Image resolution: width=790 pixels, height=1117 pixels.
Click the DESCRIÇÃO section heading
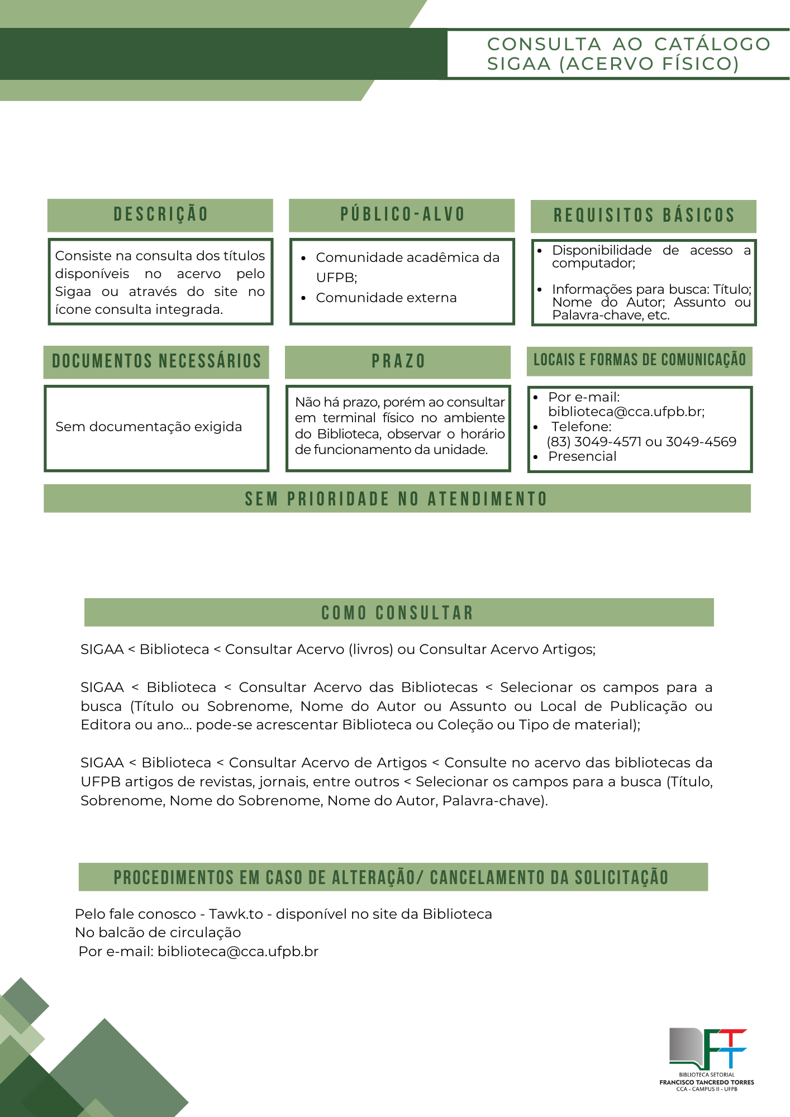[160, 214]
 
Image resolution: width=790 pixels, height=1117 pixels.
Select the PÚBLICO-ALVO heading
[402, 214]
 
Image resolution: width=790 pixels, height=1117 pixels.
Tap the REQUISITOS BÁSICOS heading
[644, 216]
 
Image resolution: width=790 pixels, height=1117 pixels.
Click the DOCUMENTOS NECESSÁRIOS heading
[156, 361]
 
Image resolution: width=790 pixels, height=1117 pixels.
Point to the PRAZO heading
[398, 361]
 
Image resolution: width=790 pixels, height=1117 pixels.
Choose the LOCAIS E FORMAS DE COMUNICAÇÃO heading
[640, 360]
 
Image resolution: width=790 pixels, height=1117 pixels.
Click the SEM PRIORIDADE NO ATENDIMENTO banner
[397, 499]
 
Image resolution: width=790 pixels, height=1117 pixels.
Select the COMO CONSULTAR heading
[398, 613]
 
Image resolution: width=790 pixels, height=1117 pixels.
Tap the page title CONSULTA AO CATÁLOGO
[628, 44]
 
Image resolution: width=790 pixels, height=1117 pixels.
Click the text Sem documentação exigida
[149, 427]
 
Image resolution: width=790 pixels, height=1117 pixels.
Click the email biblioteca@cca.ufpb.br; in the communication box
[626, 412]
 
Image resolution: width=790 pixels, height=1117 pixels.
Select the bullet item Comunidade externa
[386, 298]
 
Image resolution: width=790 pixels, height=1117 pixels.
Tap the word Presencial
[582, 456]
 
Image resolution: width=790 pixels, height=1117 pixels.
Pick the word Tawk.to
[236, 914]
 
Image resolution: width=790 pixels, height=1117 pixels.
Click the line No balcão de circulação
[158, 932]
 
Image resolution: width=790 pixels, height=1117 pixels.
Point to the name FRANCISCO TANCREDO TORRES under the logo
[707, 1082]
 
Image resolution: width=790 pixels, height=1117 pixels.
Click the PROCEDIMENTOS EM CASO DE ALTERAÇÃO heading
[391, 877]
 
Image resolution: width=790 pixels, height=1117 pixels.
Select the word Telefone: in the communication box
[581, 427]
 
